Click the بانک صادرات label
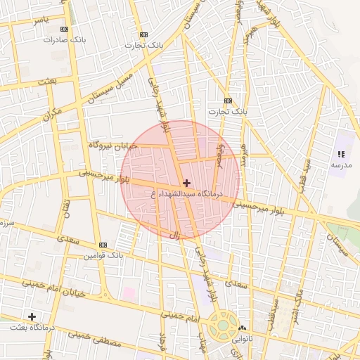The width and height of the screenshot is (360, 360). (x=64, y=40)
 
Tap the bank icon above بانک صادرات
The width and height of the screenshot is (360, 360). (x=65, y=29)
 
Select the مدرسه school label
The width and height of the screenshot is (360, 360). (x=341, y=165)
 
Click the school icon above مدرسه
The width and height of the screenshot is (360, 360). (x=341, y=154)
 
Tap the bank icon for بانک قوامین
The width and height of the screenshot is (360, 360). (x=103, y=245)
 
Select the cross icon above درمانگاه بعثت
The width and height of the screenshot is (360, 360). (x=32, y=316)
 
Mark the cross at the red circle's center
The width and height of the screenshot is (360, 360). (x=186, y=183)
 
